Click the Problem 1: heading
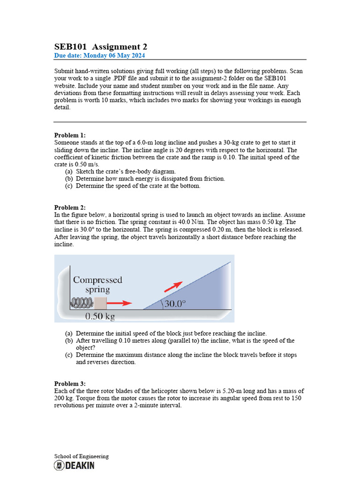click(70, 135)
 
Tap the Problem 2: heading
click(70, 207)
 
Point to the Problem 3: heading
click(70, 383)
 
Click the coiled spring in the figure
click(82, 303)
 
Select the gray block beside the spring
click(100, 303)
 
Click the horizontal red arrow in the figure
click(120, 303)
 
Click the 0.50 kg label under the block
click(100, 316)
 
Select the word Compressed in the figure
click(97, 280)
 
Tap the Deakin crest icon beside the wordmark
click(59, 465)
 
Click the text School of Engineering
click(81, 456)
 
